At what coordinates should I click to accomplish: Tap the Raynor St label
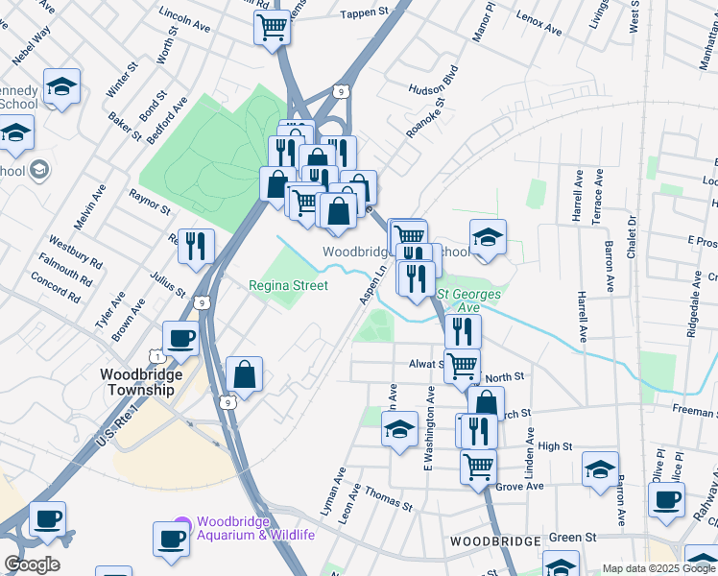(x=150, y=202)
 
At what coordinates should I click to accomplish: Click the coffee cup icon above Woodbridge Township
(x=180, y=339)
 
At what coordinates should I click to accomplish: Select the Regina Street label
(x=288, y=285)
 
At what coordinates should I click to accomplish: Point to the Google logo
(x=32, y=564)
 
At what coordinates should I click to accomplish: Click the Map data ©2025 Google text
(x=658, y=567)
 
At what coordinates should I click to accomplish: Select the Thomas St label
(x=388, y=500)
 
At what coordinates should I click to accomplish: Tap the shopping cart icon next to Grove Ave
(x=478, y=468)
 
